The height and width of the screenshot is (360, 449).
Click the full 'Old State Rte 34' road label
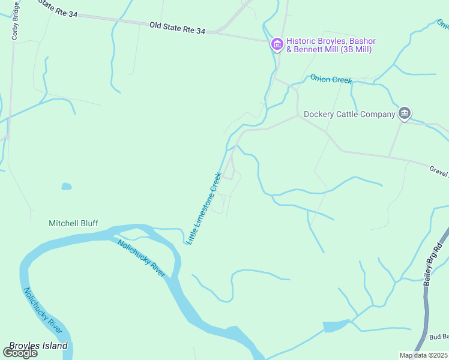click(177, 28)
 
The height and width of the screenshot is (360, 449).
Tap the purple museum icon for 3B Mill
click(277, 44)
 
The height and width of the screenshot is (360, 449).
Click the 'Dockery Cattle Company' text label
click(349, 114)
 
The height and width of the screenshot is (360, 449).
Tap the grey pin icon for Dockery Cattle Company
click(405, 113)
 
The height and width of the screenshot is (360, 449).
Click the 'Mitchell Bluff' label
click(73, 223)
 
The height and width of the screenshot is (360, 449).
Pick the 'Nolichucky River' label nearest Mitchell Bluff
click(141, 259)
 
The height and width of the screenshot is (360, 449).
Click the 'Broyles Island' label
click(38, 346)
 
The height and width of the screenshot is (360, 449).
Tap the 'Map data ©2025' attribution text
click(423, 355)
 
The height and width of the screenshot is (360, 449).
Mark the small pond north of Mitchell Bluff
click(67, 187)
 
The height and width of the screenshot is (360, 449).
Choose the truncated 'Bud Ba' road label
click(438, 337)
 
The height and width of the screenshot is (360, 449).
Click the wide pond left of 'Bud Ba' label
click(335, 326)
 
